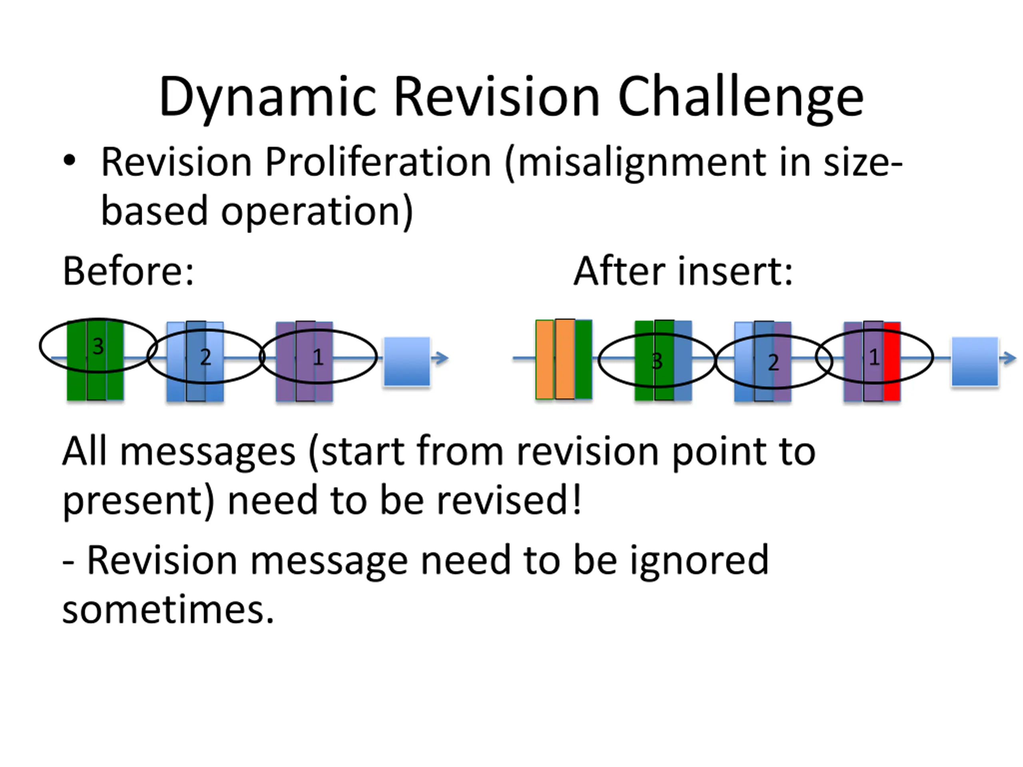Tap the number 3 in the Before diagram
[x=98, y=346]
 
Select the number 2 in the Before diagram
[x=205, y=357]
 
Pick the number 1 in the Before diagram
[x=318, y=357]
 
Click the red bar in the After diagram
[x=892, y=362]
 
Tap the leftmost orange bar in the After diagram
[x=545, y=359]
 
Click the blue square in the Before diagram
[x=407, y=362]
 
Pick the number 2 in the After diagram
[x=773, y=362]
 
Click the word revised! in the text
[x=509, y=501]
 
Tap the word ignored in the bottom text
[x=699, y=561]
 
